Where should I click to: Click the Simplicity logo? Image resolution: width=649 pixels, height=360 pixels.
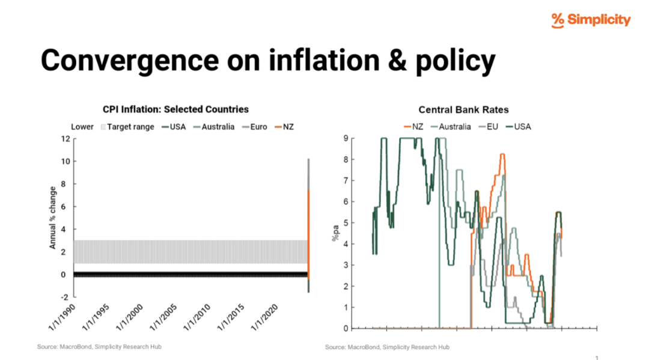591,20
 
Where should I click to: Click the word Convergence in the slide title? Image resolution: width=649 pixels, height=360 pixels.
130,60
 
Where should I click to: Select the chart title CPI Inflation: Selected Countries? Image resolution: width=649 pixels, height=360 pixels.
175,109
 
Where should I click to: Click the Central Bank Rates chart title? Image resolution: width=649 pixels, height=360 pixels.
463,109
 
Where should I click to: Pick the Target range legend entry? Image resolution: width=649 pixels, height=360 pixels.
127,127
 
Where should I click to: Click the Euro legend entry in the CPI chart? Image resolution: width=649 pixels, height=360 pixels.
255,127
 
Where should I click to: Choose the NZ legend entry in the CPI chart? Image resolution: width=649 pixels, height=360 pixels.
284,127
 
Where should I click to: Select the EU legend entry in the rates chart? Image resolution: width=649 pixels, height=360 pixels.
489,127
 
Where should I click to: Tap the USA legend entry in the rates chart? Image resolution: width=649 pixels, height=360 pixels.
519,127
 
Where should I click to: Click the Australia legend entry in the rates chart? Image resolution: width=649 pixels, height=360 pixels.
451,127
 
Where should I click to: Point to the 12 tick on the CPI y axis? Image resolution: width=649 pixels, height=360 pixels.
66,139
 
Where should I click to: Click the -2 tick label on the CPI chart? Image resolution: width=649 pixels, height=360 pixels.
64,297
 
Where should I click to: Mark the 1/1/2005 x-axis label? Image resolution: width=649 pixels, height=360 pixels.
163,317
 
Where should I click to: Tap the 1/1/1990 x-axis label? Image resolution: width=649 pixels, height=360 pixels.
62,317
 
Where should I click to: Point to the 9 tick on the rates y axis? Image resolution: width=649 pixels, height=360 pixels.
346,138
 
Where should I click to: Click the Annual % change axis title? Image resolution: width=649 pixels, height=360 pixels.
52,218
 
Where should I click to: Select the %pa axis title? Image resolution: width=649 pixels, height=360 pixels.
335,233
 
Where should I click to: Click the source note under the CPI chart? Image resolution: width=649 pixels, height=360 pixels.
99,347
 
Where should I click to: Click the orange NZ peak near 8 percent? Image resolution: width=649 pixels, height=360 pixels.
502,154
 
